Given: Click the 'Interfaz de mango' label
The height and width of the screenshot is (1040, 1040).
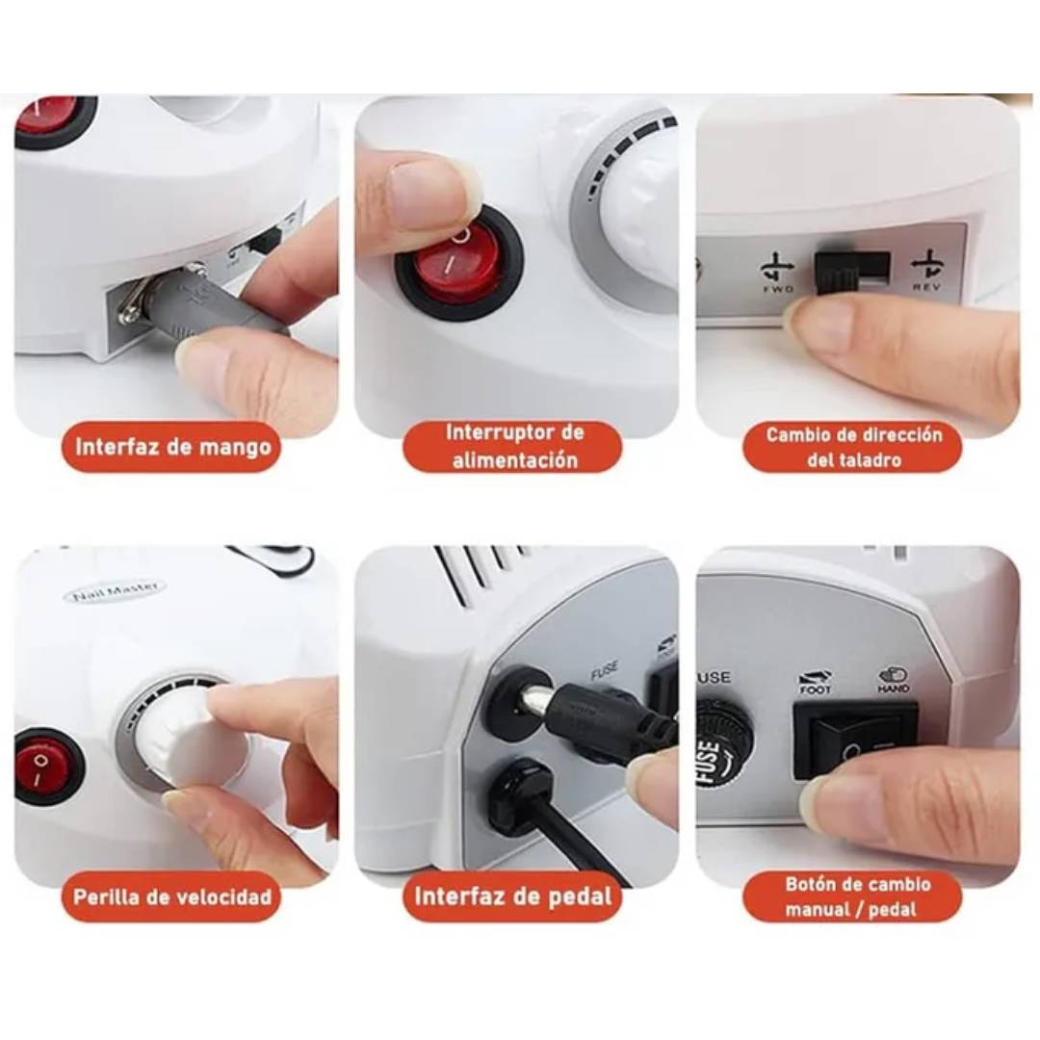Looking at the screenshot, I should click(x=173, y=448).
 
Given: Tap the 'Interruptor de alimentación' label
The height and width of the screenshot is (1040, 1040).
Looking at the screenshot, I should click(x=512, y=446).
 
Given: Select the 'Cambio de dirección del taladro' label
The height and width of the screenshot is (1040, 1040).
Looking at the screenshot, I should click(x=853, y=447).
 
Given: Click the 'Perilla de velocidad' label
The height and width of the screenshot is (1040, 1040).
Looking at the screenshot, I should click(x=172, y=897).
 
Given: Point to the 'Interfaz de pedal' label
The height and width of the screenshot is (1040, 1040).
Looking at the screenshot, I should click(x=512, y=897).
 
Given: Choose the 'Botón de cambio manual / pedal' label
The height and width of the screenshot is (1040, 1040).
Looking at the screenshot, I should click(x=853, y=897).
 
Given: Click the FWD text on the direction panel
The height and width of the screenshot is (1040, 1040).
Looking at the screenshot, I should click(x=777, y=288).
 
